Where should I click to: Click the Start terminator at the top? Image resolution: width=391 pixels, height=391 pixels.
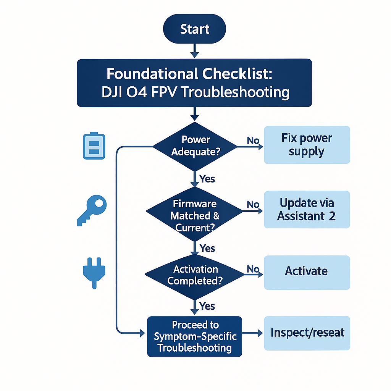point(194,29)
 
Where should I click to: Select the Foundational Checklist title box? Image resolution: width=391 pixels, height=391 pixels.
point(194,83)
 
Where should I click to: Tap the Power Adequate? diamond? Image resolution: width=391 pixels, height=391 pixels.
point(195,147)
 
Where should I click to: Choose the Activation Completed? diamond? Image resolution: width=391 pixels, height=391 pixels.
point(194,277)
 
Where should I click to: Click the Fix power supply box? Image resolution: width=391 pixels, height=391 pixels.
point(307,145)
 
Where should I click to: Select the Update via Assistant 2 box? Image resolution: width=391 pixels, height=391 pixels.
point(307,210)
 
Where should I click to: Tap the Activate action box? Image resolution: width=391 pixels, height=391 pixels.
point(307,273)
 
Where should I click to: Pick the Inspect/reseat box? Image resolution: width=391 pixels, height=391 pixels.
point(307,333)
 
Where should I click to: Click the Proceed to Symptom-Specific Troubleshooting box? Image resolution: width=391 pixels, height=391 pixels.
point(194,337)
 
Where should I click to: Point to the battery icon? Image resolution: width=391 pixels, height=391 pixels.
point(94,145)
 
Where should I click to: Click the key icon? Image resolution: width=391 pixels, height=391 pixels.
point(92,210)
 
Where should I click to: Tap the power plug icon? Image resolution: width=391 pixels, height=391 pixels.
point(94,273)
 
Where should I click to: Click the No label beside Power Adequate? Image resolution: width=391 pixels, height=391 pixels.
point(253,141)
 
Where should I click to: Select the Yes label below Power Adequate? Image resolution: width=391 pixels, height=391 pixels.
point(207,179)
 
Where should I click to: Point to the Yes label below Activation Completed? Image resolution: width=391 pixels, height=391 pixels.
point(207,306)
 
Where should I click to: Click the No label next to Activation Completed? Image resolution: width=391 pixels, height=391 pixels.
point(253,269)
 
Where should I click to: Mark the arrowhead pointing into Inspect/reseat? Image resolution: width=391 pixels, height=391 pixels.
point(260,333)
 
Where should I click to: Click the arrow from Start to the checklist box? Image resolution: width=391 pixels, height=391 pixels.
point(194,51)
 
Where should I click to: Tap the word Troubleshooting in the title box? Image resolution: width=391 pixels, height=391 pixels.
point(235,92)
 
